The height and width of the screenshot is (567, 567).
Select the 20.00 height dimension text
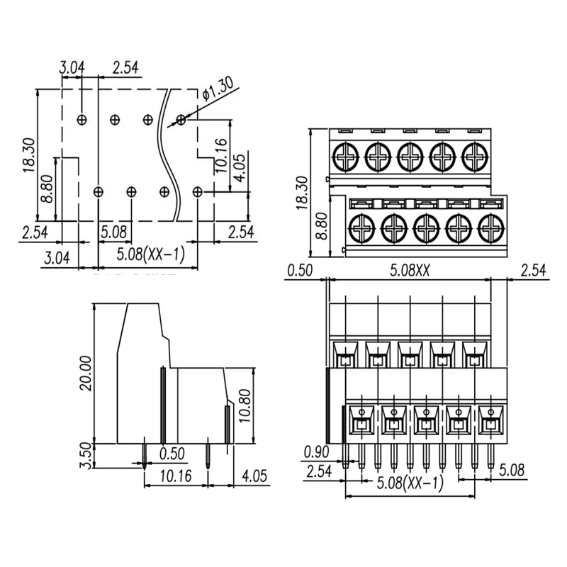pos(86,374)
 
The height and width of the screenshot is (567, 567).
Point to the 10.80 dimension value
pos(246,405)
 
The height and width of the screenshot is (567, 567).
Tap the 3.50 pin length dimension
pos(86,455)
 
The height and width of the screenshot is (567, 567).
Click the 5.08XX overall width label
pos(411,270)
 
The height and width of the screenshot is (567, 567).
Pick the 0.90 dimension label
pos(316,451)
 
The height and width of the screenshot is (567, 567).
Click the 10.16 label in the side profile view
pos(174,476)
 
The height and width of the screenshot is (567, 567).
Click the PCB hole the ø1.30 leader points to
pos(181,119)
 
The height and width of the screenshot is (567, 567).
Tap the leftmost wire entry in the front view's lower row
pos(361,423)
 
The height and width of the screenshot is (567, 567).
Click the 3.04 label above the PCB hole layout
pos(72,68)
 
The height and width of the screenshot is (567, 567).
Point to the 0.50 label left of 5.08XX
pos(300,270)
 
